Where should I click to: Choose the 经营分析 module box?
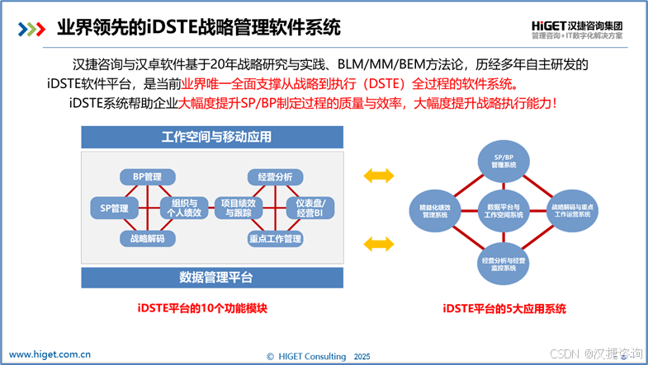(x=275, y=176)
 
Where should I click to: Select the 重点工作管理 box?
(x=275, y=239)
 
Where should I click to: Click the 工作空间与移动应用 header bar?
(x=211, y=137)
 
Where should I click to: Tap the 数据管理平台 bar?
(x=211, y=277)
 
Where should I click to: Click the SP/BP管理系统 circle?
(x=504, y=161)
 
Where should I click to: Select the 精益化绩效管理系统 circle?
(x=434, y=212)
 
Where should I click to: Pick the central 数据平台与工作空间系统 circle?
(x=504, y=212)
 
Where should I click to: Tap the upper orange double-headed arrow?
(x=379, y=175)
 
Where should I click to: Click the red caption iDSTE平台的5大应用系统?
(x=504, y=309)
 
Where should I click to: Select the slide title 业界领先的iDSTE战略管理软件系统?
(x=198, y=27)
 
